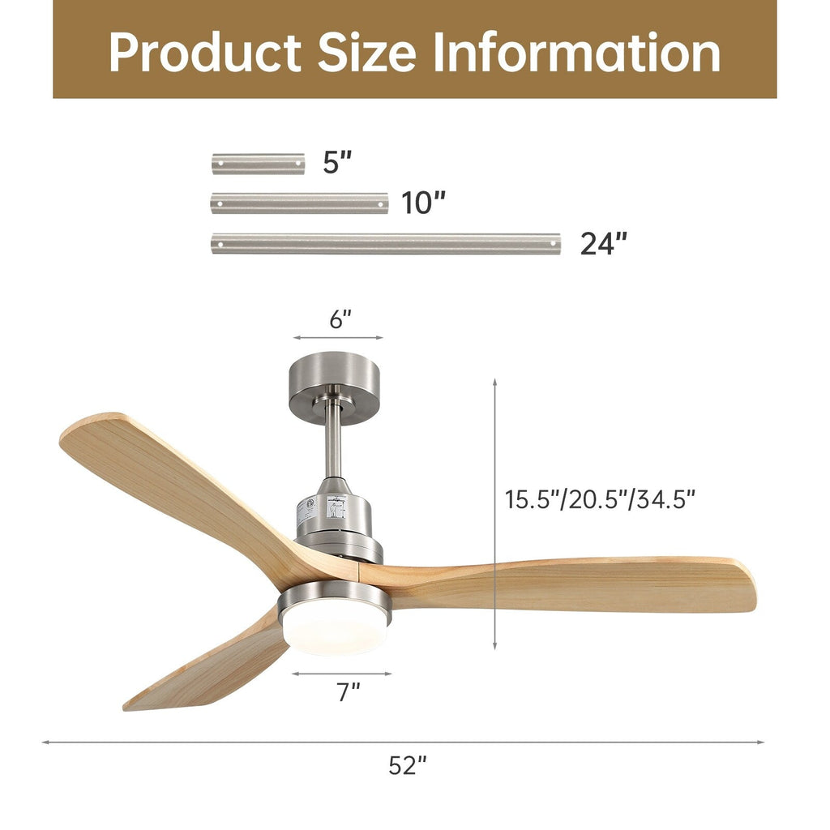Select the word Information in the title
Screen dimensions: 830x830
click(576, 53)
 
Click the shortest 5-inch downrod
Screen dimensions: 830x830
click(258, 164)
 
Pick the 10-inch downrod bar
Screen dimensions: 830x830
click(299, 203)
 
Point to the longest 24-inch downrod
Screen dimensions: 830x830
click(385, 243)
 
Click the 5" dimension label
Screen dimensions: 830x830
click(337, 162)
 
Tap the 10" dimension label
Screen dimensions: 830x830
click(424, 203)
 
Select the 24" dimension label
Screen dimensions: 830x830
click(603, 243)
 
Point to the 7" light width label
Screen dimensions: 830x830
click(349, 693)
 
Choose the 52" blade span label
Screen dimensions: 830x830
click(407, 765)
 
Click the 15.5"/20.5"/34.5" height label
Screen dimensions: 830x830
click(601, 499)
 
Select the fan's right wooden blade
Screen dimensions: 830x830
click(584, 584)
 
